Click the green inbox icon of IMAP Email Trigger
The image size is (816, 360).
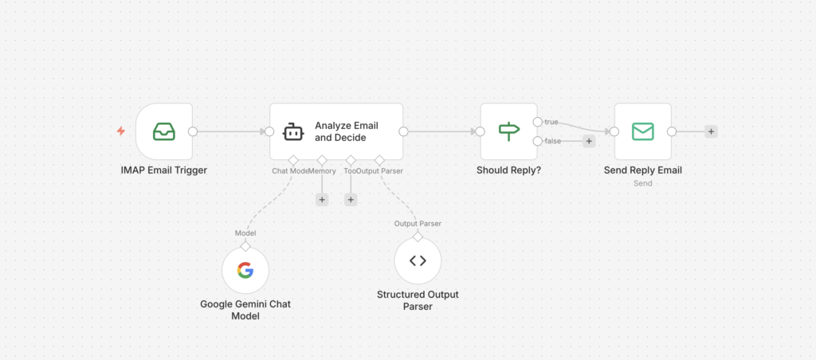coord(164,131)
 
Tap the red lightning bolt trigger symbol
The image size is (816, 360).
coord(121,131)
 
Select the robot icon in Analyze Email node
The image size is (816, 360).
coord(293,131)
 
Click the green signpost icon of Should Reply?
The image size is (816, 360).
coord(508,131)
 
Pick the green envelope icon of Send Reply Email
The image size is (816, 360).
coord(642,131)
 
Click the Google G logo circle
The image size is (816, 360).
coord(245,271)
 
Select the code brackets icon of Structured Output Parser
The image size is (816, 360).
coord(418,261)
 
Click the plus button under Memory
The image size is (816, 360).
coord(322,199)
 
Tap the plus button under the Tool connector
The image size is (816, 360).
coord(351,199)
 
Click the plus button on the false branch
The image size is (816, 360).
coord(589,141)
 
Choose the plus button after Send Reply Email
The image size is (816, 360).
coord(711,131)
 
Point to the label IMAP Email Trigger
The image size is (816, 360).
coord(164,170)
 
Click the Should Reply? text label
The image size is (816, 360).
coord(508,170)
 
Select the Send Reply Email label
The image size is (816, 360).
coord(642,170)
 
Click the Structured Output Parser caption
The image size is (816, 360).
coord(418,300)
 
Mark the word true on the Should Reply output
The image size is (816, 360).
coord(551,122)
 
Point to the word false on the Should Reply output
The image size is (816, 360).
coord(552,141)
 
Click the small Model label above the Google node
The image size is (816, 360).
coord(245,233)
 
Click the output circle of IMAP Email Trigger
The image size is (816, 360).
coord(192,131)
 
